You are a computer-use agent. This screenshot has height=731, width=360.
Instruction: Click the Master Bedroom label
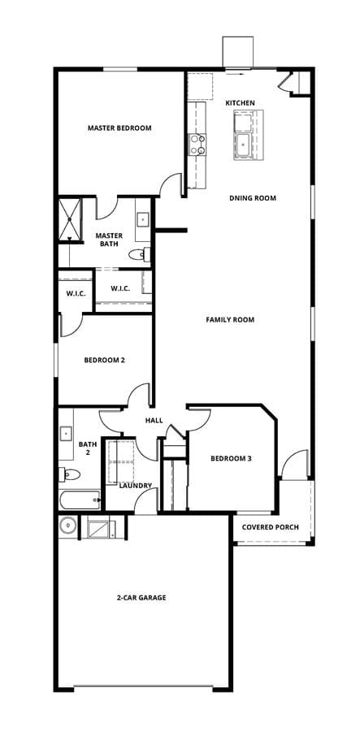pos(119,128)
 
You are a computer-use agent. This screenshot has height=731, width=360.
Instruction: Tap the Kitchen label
pos(241,102)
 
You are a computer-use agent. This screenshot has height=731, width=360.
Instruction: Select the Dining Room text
pos(252,198)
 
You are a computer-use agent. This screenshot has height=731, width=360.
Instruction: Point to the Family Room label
pos(230,320)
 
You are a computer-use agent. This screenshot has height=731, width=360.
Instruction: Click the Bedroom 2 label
pos(104,360)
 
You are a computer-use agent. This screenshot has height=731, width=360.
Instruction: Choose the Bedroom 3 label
pos(232,458)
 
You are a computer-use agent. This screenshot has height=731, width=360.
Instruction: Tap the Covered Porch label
pos(271,527)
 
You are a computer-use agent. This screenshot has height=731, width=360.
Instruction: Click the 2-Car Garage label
pos(141,597)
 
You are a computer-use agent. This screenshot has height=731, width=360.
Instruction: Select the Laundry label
pos(135,486)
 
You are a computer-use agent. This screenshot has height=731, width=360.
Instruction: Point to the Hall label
pos(154,421)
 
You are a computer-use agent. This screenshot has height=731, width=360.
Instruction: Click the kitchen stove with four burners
pos(197,144)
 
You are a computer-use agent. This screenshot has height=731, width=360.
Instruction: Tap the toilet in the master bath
pos(139,254)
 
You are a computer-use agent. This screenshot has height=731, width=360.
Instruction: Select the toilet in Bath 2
pos(69,474)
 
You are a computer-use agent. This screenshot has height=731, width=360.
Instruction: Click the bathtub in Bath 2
pos(80,500)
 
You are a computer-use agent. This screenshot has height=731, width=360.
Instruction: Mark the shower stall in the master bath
pos(70,219)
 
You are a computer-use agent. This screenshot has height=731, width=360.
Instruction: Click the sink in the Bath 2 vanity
pos(65,434)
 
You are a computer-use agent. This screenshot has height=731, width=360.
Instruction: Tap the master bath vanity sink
pos(143,218)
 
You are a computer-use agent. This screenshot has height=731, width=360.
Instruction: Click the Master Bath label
pos(109,239)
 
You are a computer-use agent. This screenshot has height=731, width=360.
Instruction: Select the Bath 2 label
pos(88,448)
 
